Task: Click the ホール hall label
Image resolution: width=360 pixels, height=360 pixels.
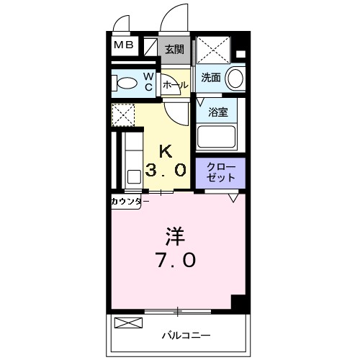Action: click(x=175, y=85)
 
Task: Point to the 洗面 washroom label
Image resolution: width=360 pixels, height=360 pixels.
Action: click(x=210, y=78)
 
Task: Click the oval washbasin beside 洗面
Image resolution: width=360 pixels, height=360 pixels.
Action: click(x=235, y=78)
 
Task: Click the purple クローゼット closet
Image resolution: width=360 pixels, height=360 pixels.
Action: click(x=220, y=173)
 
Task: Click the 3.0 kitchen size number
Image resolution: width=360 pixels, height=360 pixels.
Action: click(x=166, y=171)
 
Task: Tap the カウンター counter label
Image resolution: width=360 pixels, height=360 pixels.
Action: click(x=130, y=201)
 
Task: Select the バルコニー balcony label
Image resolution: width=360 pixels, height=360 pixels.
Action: click(x=186, y=336)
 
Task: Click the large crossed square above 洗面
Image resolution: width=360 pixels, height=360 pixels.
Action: click(x=214, y=50)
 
